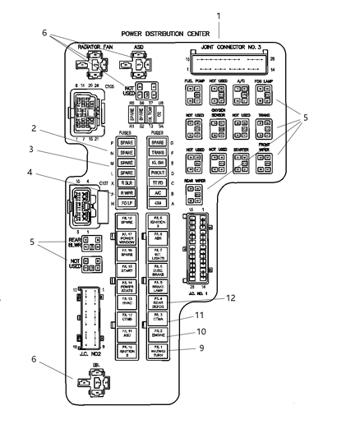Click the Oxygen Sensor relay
(x=219, y=129)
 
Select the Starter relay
(x=242, y=162)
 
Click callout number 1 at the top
(x=217, y=16)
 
